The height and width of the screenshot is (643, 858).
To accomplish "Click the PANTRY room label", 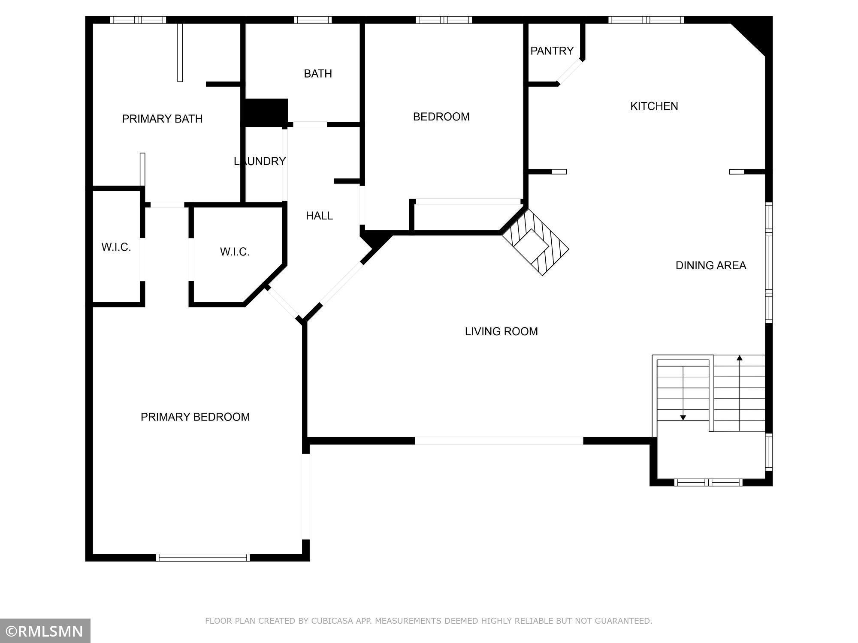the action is pos(552,51).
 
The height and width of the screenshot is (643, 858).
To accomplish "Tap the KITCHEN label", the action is pos(654,106).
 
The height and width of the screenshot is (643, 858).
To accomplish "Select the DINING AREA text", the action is pos(711,266).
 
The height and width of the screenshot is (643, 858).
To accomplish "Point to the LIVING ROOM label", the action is pos(501,331).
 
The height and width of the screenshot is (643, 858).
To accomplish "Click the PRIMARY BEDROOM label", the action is pos(195,417).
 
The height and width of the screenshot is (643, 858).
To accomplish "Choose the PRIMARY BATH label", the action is pos(162,119).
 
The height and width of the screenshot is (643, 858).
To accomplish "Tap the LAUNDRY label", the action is pos(260,161).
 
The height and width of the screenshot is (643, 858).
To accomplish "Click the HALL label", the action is pos(319,216).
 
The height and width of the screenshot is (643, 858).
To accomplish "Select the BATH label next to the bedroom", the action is pos(318,74).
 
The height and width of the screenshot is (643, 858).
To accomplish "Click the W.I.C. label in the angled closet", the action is pos(235,252).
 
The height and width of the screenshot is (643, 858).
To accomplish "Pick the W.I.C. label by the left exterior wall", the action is pos(116,247).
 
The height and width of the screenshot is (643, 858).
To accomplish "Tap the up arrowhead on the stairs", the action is pos(740,358).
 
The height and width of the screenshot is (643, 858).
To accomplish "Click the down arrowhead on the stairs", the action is pos(683,418).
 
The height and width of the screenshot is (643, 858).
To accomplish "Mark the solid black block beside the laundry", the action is pos(264,113).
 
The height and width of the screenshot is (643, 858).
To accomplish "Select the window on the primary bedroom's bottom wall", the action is pos(202,557).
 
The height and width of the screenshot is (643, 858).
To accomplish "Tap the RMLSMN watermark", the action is pos(45,631).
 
